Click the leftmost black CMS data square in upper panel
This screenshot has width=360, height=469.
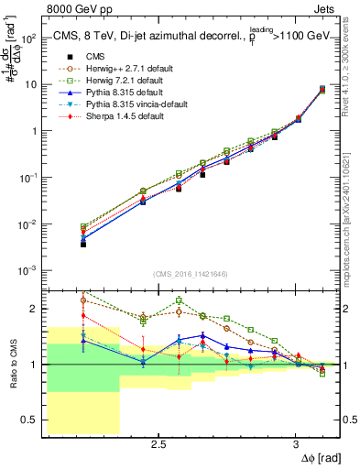(x=83, y=245)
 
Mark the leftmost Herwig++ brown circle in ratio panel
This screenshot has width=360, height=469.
(x=83, y=300)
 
